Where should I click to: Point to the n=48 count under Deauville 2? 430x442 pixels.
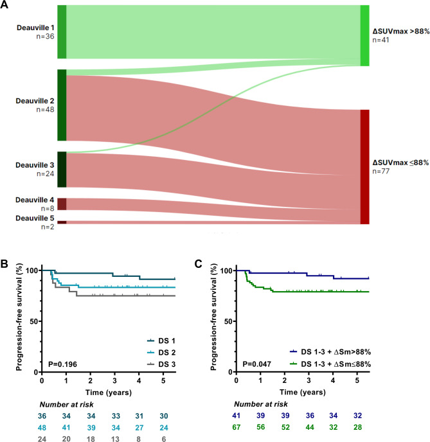coord(44,110)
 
